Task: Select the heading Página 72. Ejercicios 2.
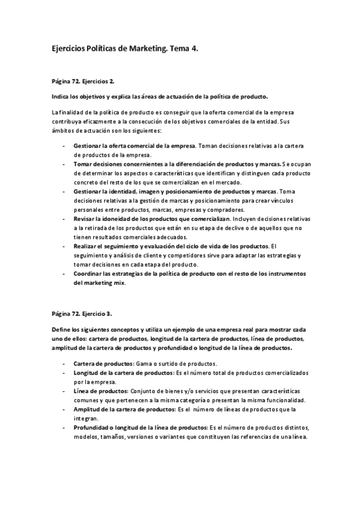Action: pos(83,80)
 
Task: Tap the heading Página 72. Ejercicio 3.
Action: pos(82,313)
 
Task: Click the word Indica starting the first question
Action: pos(61,97)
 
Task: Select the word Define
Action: pos(63,329)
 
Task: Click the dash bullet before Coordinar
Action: pos(64,273)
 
